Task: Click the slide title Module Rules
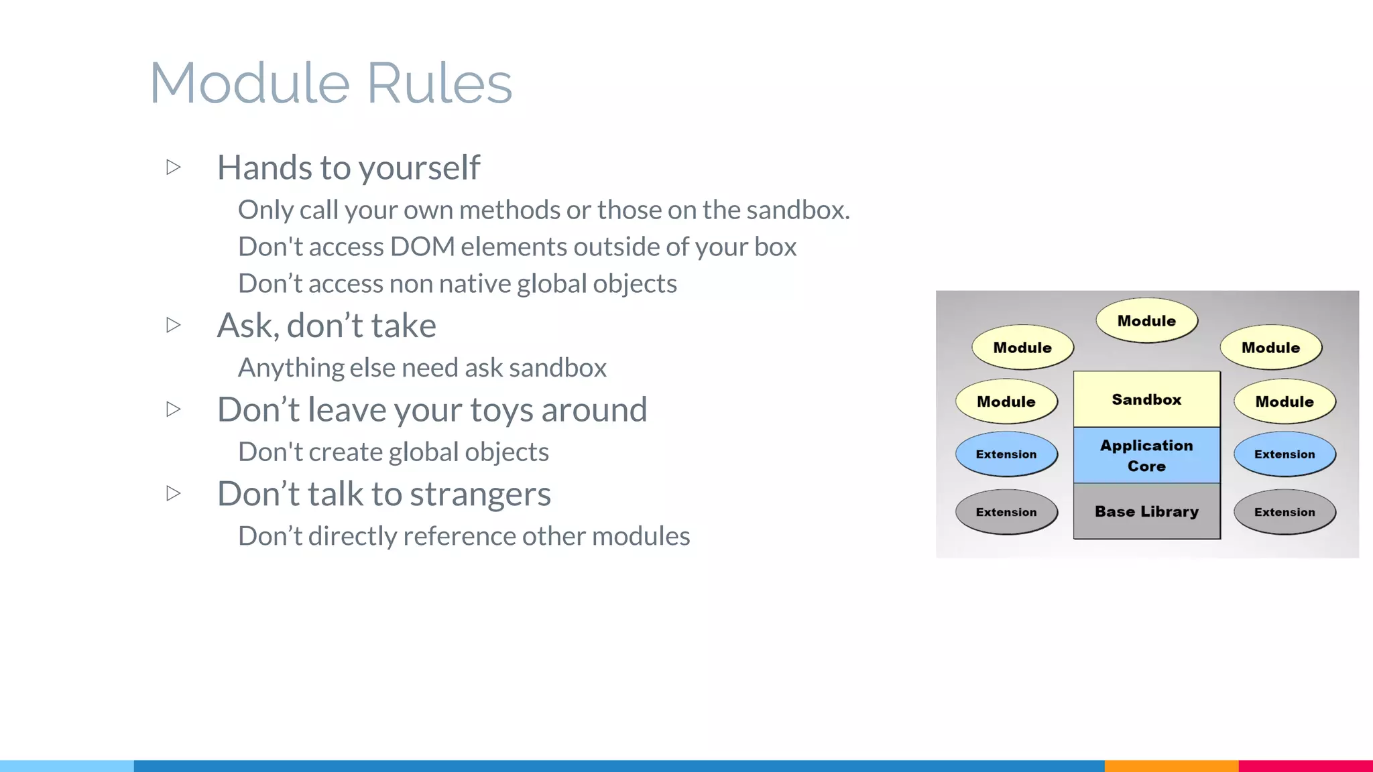point(331,83)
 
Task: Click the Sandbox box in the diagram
point(1146,399)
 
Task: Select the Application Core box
point(1146,455)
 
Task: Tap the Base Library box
point(1146,511)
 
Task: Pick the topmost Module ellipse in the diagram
point(1146,320)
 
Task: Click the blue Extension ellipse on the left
point(1006,454)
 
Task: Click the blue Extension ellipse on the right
point(1285,454)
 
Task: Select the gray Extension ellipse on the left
point(1006,512)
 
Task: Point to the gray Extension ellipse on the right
point(1285,512)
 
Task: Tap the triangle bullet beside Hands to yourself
point(174,167)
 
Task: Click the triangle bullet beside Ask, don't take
point(174,325)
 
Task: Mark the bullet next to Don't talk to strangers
point(174,493)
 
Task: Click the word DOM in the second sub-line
point(422,247)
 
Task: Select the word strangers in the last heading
point(480,495)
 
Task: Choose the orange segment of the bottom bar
point(1171,765)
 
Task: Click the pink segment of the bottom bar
point(1305,765)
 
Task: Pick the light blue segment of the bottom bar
point(67,765)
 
